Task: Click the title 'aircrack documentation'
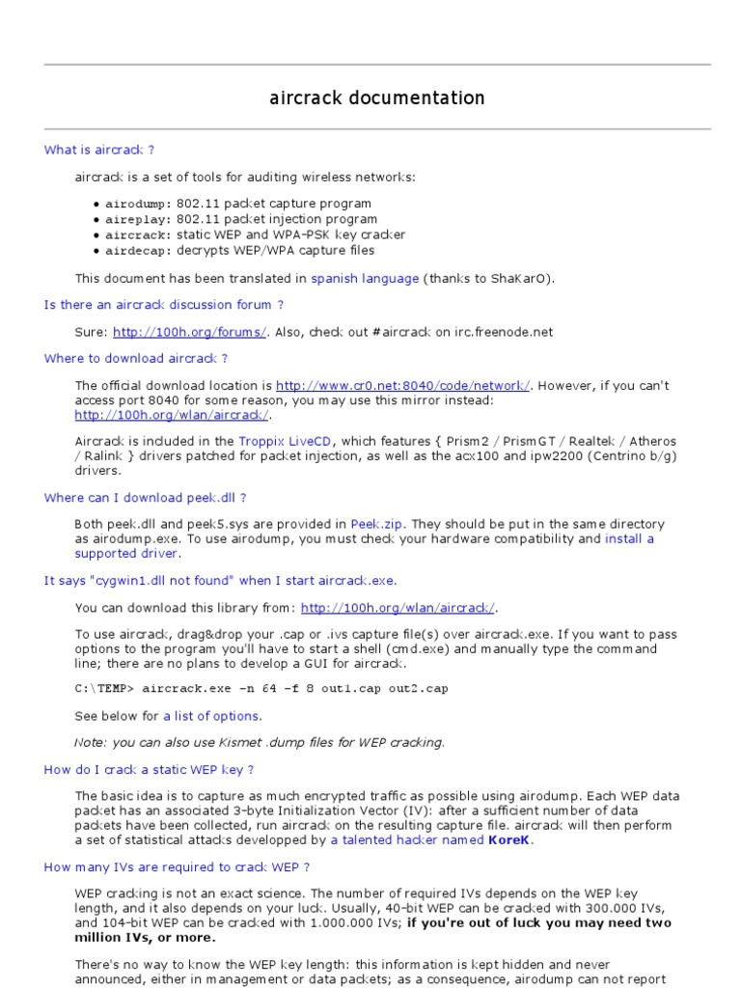pos(376,97)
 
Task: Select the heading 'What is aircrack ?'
pos(99,150)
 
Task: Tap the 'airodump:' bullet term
pos(138,204)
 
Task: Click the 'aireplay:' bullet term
pos(138,219)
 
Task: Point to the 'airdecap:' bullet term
pos(138,250)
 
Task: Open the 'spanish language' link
pos(365,278)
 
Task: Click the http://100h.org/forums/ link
pos(189,332)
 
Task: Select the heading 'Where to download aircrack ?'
pos(136,358)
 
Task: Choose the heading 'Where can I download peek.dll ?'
pos(146,498)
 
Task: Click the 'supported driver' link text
pos(126,554)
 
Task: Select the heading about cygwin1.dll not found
pos(220,580)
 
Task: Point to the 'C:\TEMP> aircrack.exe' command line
pos(261,689)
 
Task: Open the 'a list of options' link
pos(211,716)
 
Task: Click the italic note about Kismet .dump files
pos(260,742)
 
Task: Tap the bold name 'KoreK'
pos(510,839)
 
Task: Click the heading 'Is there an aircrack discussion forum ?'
pos(164,305)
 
